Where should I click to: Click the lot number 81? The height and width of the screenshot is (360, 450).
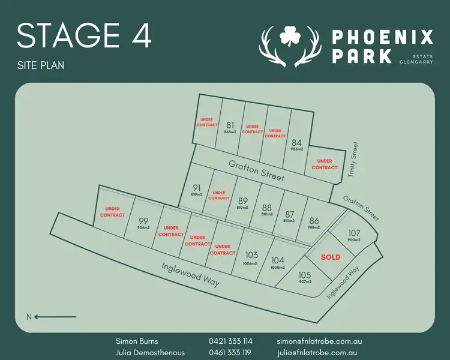pos(230,125)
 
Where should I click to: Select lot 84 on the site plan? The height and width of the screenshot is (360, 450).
pos(296,143)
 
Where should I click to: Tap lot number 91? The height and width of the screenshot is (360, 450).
pos(197,188)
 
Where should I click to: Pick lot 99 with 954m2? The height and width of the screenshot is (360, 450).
pos(143,221)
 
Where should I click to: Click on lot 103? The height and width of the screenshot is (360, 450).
pos(251,256)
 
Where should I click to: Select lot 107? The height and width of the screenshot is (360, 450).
pos(354,233)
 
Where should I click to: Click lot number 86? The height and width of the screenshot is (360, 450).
pos(314,221)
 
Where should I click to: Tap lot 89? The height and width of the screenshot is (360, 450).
pos(243,201)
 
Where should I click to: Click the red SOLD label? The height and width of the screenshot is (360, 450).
pos(330,257)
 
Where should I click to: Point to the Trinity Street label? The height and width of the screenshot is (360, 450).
pos(353,160)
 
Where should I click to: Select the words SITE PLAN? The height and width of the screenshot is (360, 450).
pos(41,65)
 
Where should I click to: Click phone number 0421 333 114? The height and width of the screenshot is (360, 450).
pos(230,341)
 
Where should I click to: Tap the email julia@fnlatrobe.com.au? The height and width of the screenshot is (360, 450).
pos(317,352)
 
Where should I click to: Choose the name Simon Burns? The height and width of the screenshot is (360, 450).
pos(137,341)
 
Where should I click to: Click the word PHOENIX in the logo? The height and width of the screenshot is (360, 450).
pos(382,38)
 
